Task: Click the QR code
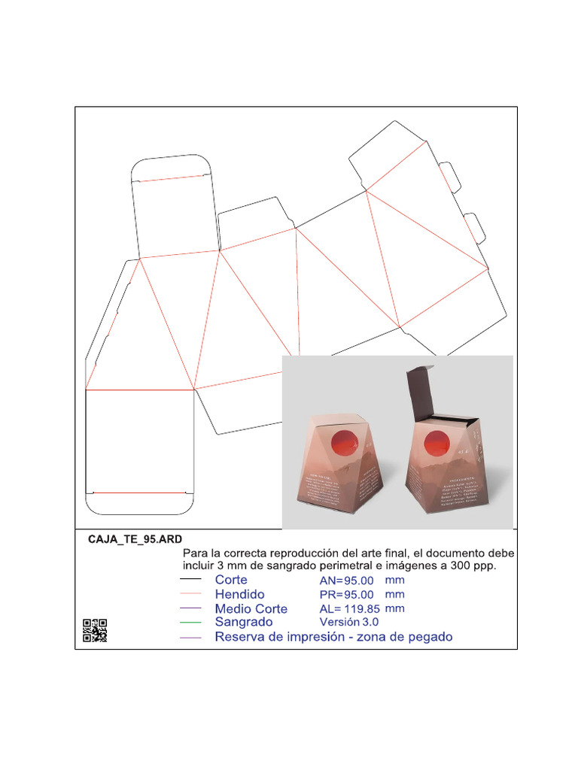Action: pyautogui.click(x=95, y=630)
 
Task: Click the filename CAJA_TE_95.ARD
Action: pyautogui.click(x=135, y=540)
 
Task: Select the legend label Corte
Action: pyautogui.click(x=231, y=580)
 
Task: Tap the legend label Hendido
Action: pyautogui.click(x=239, y=594)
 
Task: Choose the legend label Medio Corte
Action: pyautogui.click(x=251, y=608)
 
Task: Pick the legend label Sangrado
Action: pyautogui.click(x=244, y=622)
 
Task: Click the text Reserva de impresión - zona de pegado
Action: pyautogui.click(x=333, y=637)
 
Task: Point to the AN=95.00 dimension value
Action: pyautogui.click(x=347, y=581)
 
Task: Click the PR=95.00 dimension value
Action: pyautogui.click(x=347, y=594)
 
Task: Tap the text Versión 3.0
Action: pyautogui.click(x=349, y=622)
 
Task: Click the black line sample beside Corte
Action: pyautogui.click(x=191, y=580)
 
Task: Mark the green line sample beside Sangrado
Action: pyautogui.click(x=191, y=623)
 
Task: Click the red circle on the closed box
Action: pyautogui.click(x=346, y=444)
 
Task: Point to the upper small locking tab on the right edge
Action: pyautogui.click(x=450, y=175)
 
